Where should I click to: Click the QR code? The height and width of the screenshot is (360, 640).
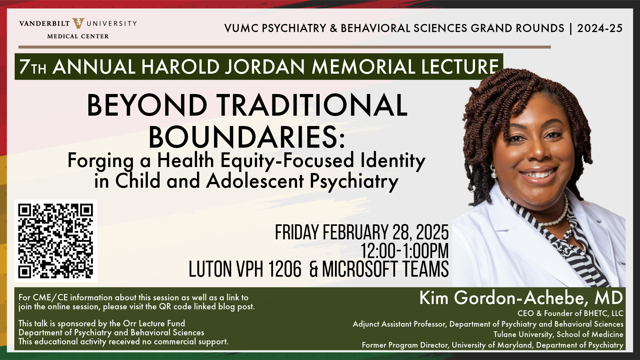pos(56,241)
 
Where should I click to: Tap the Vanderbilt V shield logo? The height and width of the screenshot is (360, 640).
pos(78,23)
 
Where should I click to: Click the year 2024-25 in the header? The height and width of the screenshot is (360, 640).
pos(600,28)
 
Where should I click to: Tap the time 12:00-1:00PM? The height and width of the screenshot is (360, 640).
pos(405,251)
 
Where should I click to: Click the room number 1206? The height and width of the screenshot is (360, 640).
pos(285,269)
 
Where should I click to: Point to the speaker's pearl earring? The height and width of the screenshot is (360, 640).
pos(494,174)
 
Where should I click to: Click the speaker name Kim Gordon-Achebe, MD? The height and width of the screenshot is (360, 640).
pos(521,298)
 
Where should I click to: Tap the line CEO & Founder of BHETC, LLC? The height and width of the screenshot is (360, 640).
pos(570,313)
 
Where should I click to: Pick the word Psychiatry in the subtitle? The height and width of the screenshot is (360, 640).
pos(354,182)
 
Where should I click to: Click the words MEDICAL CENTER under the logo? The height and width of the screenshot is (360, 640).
pos(78,36)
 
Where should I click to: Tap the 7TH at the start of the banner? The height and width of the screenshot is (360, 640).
pos(33,67)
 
